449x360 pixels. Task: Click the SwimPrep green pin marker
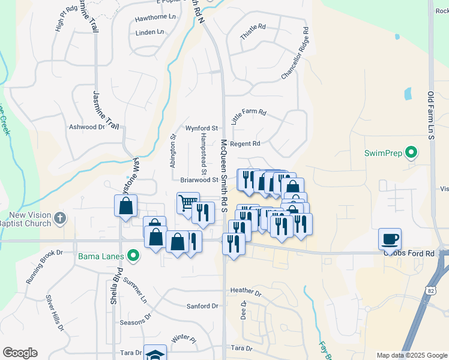411,152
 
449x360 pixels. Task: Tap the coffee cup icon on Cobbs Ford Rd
390,239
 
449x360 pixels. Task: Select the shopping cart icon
188,203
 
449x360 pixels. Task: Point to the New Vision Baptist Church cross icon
59,218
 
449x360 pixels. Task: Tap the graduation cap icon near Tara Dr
155,355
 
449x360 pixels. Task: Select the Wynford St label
201,128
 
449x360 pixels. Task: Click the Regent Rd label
245,144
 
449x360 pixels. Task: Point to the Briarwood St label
199,179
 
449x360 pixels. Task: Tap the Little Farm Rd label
248,116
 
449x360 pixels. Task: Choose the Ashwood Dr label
87,127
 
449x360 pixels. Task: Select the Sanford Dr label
202,306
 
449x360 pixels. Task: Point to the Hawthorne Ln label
154,18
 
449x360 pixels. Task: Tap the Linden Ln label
149,32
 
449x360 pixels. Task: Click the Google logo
20,353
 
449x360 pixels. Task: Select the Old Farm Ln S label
430,116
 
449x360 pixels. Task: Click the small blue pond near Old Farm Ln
408,94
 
